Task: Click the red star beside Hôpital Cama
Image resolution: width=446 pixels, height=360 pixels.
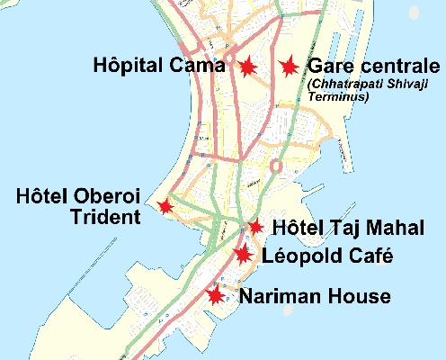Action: [x=246, y=66]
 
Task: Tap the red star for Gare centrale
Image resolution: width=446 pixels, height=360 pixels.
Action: [x=289, y=67]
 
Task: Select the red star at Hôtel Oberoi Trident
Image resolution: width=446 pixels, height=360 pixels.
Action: [x=165, y=206]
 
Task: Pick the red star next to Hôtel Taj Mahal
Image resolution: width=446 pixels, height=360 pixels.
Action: [x=255, y=227]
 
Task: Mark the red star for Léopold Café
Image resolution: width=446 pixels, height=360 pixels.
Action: [x=243, y=254]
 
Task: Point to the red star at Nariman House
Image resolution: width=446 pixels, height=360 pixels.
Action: [x=216, y=294]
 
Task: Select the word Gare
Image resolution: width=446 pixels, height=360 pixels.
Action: [x=328, y=67]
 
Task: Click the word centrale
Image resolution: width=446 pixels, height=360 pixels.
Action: [x=388, y=67]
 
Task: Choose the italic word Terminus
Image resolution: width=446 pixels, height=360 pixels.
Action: [x=338, y=96]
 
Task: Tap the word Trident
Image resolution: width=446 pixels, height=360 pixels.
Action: [x=107, y=217]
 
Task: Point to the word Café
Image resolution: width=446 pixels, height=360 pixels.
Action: [x=370, y=256]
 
